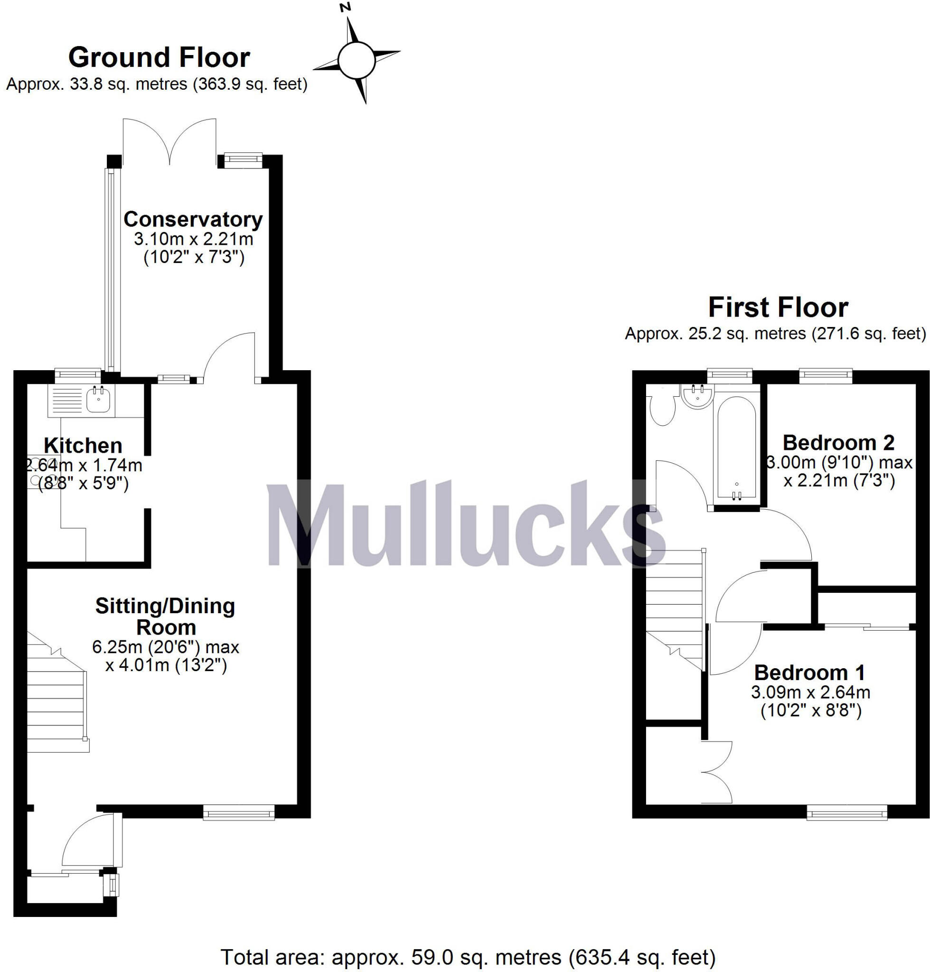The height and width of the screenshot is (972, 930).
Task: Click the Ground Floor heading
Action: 159,57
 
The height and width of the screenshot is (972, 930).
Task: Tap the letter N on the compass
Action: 346,7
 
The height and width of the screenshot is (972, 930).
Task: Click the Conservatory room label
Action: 193,219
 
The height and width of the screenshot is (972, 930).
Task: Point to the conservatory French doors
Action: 169,141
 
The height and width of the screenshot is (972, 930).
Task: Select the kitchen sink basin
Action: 99,400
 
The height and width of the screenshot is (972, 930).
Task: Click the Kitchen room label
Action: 83,446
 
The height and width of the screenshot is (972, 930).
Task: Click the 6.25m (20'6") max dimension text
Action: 166,647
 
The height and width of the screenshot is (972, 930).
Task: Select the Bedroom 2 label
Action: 838,442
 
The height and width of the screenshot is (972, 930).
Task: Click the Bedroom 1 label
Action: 809,673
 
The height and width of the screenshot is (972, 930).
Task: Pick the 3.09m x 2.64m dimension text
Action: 810,692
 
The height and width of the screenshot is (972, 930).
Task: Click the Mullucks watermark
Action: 466,525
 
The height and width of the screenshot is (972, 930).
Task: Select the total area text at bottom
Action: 468,958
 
